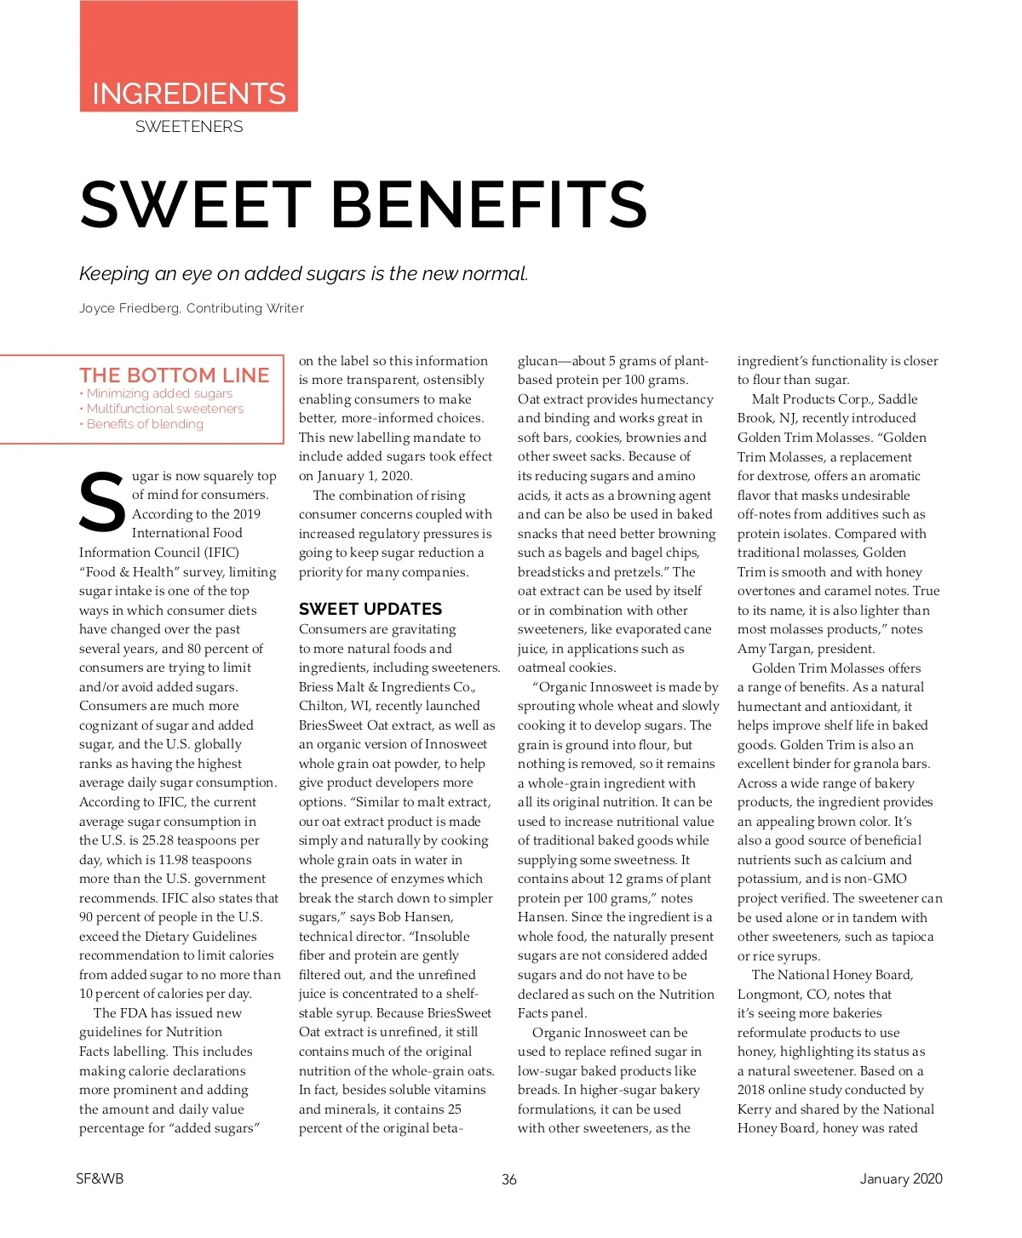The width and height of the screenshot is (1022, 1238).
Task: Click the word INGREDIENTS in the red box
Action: (188, 94)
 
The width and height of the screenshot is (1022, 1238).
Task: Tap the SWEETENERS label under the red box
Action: (189, 127)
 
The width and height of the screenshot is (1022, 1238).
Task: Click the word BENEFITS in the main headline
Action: (489, 204)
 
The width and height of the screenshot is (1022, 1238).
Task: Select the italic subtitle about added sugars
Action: (303, 274)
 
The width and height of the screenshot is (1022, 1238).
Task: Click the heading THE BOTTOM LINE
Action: (174, 375)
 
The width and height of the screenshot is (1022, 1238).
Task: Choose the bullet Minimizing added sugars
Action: (159, 393)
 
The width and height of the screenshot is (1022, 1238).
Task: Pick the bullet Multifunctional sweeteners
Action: (164, 409)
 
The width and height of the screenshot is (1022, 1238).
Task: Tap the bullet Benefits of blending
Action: (145, 424)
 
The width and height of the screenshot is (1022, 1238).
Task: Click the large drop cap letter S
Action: (102, 502)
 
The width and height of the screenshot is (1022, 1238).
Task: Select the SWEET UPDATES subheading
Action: (370, 609)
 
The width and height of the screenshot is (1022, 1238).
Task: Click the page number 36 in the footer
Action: (509, 1179)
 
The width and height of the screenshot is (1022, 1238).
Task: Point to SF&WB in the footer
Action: (100, 1178)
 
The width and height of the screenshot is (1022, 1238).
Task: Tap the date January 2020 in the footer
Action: (901, 1178)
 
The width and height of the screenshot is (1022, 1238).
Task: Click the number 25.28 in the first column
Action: (160, 840)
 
